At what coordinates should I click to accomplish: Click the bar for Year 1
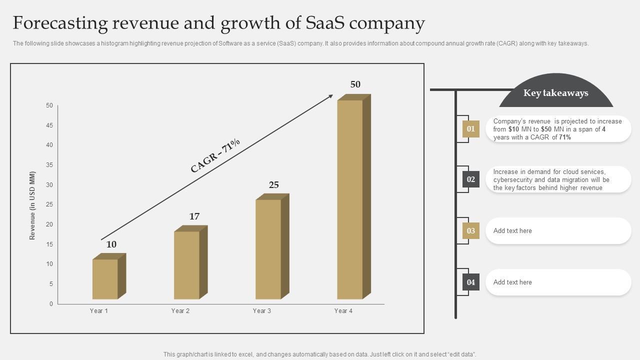pos(105,278)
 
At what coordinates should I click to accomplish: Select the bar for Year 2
pos(187,264)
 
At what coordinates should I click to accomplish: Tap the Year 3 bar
pos(268,248)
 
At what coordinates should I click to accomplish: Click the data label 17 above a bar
pos(194,216)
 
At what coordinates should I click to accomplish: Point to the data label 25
pos(274,185)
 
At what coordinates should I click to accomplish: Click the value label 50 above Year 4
pos(355,84)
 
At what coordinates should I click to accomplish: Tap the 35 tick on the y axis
pos(49,165)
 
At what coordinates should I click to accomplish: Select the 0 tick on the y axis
pos(51,304)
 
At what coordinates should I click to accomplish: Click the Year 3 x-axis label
pos(262,311)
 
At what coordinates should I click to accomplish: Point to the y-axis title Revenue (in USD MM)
pos(32,205)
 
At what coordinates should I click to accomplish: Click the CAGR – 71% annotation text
pos(215,155)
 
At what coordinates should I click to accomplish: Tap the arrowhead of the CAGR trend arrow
pos(330,96)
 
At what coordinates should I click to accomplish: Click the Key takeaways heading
pos(555,93)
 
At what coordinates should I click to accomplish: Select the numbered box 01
pos(470,129)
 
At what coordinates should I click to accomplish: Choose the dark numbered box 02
pos(470,179)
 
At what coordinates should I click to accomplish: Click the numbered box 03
pos(470,231)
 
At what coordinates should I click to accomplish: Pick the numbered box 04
pos(470,282)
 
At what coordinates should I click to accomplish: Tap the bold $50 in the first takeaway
pos(546,129)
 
